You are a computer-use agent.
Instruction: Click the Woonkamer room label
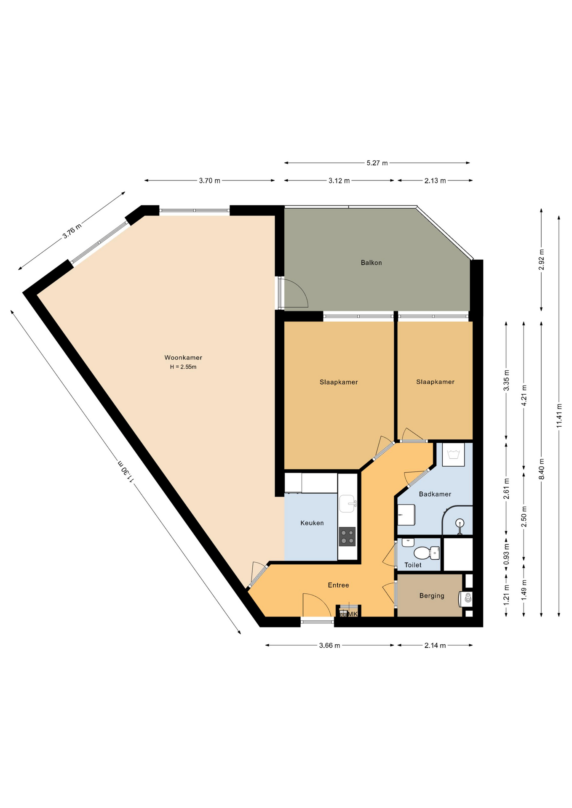point(183,358)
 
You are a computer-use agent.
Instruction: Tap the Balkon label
point(371,263)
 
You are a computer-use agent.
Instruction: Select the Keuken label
point(312,523)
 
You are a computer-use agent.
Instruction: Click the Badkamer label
point(435,494)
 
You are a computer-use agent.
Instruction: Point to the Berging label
point(432,595)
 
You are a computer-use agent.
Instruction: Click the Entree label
point(338,585)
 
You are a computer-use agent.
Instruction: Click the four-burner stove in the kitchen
point(347,537)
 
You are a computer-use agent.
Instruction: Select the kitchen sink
point(347,504)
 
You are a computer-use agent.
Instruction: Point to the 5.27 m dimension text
point(377,163)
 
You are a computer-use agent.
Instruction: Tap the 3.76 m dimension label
point(72,231)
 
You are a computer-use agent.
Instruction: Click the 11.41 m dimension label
point(559,416)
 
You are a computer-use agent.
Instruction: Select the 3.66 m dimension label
point(329,646)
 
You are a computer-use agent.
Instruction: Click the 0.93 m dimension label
point(506,555)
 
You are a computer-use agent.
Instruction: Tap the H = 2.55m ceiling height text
point(183,367)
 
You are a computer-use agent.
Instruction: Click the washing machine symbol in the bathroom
point(453,454)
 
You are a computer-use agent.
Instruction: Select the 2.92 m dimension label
point(542,260)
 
